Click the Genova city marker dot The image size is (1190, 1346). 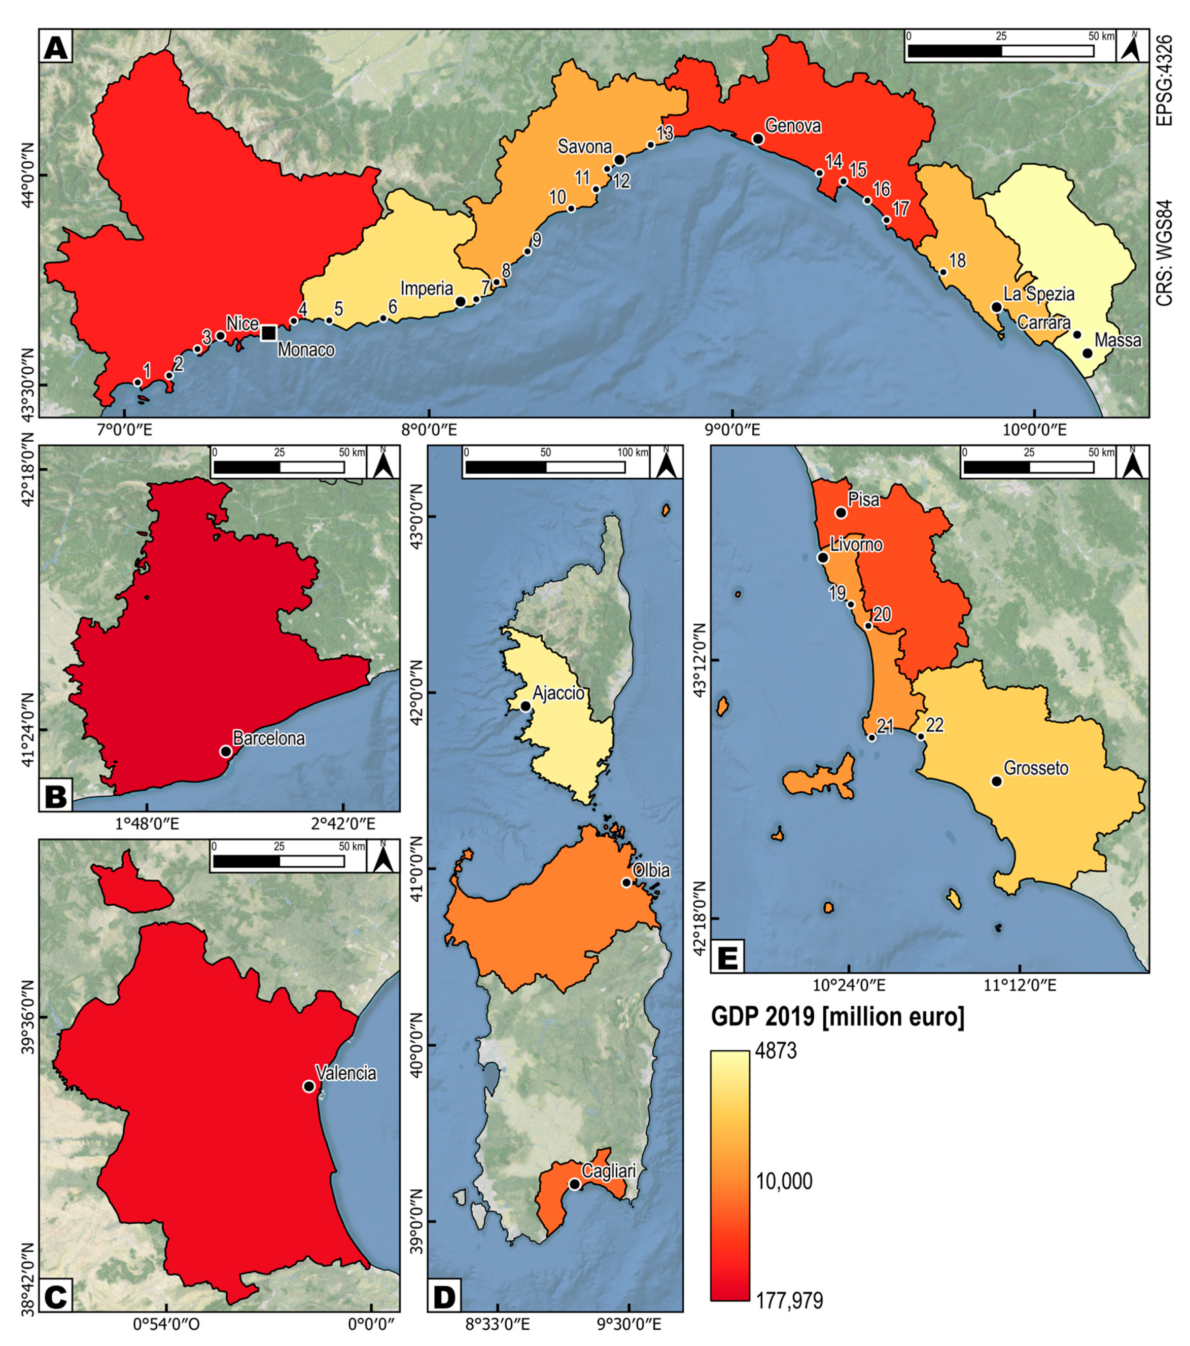[x=758, y=139]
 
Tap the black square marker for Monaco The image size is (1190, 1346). [x=268, y=333]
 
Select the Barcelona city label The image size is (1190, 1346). [x=269, y=739]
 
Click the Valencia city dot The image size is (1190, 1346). [x=309, y=1086]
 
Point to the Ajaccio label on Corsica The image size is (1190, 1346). [x=558, y=693]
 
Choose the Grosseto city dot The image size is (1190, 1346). [x=996, y=782]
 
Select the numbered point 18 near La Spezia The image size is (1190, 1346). [x=943, y=272]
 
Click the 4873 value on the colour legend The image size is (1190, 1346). [x=777, y=1051]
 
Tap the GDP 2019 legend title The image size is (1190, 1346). [x=837, y=1017]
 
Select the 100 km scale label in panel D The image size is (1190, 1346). [x=632, y=453]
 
